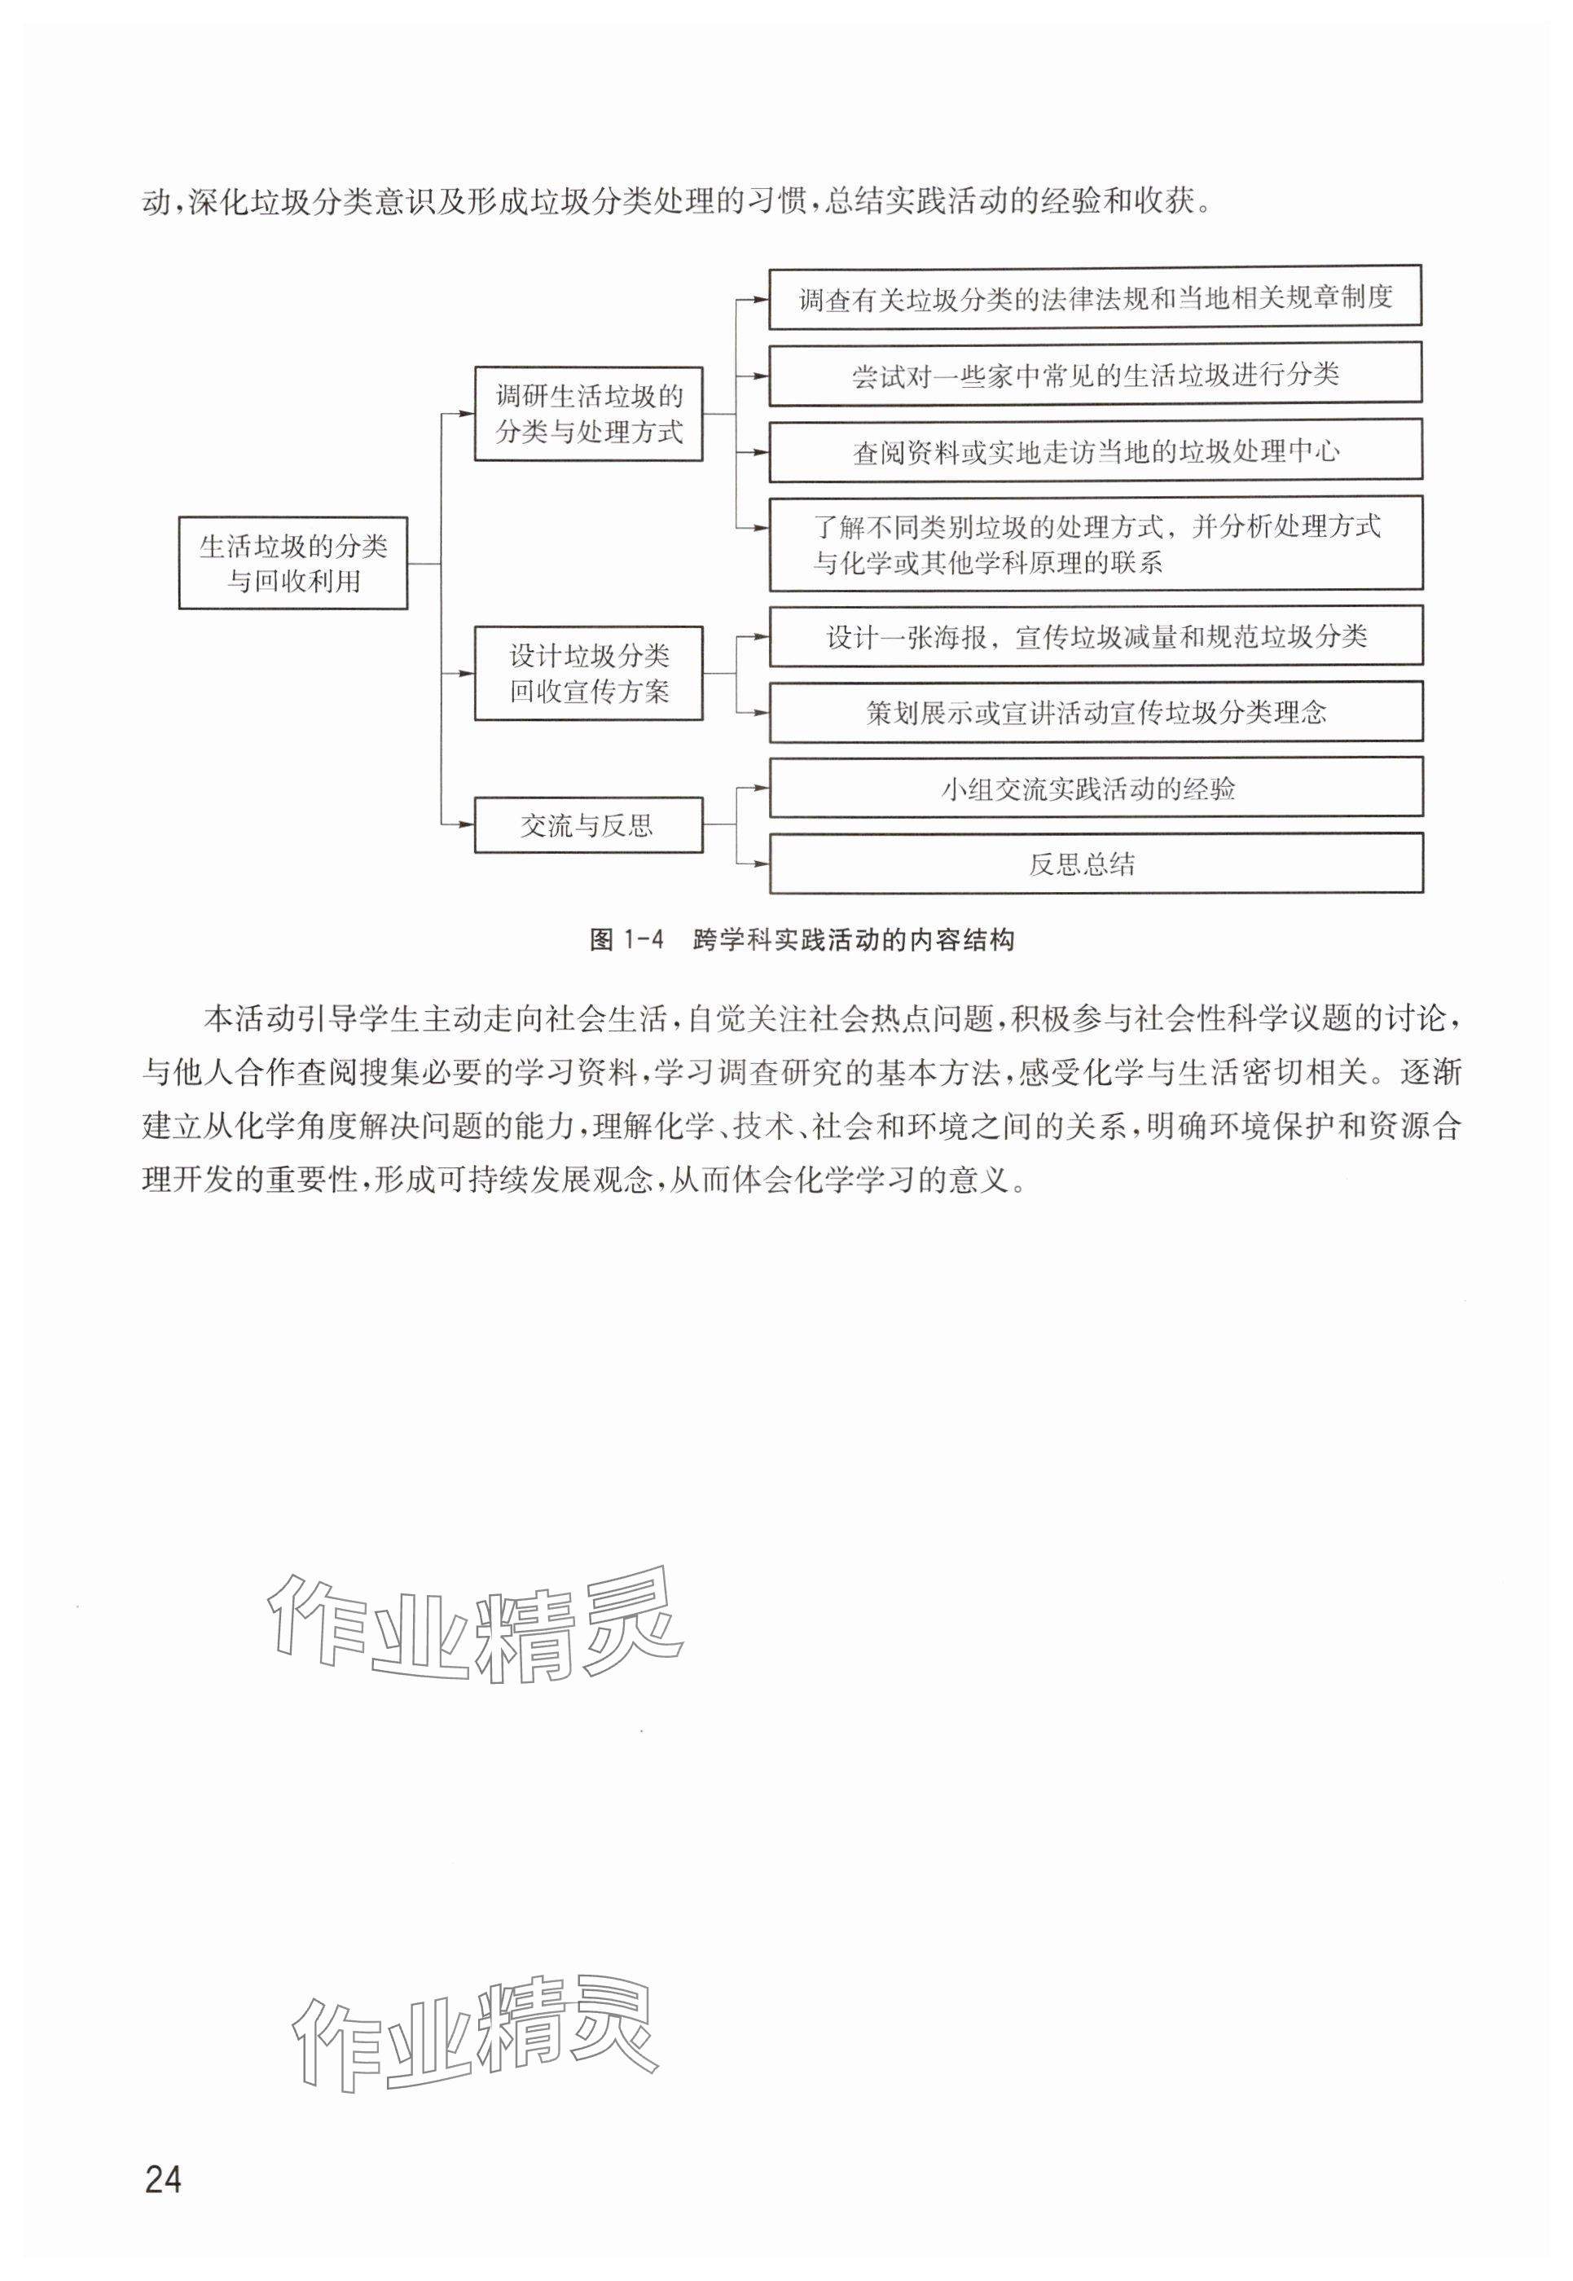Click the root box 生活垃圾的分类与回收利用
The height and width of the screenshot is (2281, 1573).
point(292,563)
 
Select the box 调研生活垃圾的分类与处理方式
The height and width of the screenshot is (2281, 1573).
point(588,414)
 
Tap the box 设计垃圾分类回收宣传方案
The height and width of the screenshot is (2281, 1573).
point(588,673)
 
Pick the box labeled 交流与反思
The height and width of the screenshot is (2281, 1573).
point(588,825)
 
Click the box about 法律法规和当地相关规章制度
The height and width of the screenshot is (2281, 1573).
point(1095,297)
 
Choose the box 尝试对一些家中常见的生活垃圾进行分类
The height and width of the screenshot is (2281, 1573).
point(1095,375)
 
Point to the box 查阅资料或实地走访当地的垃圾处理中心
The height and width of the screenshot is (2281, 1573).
point(1095,451)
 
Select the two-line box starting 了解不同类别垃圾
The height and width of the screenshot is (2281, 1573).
point(1095,544)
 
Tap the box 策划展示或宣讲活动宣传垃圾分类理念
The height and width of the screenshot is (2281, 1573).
point(1095,713)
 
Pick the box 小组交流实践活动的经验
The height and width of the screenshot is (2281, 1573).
point(1095,788)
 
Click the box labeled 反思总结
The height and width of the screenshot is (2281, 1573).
point(1095,864)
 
